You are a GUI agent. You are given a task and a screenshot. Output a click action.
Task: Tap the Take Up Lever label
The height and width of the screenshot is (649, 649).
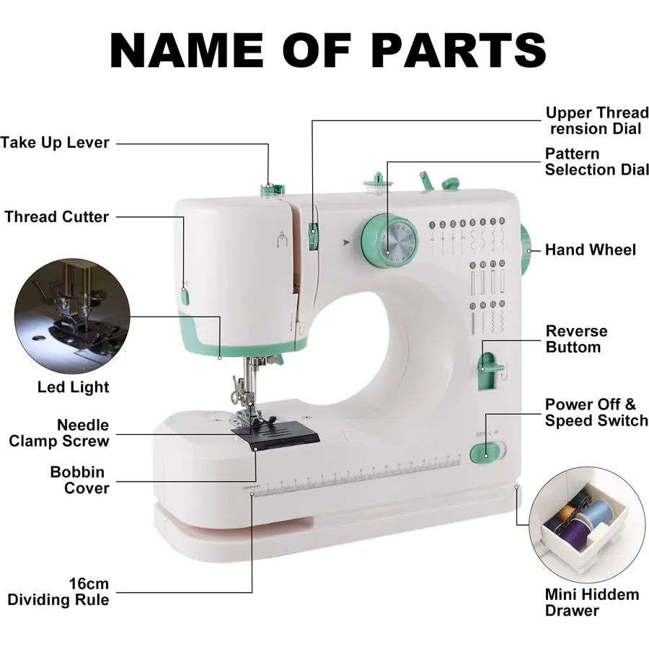(x=55, y=143)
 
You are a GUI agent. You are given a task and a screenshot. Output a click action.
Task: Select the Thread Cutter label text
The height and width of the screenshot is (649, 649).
(x=57, y=217)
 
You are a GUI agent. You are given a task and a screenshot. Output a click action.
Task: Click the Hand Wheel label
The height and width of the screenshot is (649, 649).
(x=590, y=250)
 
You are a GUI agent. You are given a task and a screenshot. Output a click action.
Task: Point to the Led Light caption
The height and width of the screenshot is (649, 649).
(x=74, y=387)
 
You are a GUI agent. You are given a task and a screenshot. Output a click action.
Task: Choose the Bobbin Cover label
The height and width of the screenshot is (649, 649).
(x=79, y=480)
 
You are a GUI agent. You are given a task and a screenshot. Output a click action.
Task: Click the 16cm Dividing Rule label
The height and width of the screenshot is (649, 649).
(x=58, y=592)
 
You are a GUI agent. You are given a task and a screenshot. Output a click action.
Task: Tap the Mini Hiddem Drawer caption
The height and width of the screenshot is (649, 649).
(x=592, y=603)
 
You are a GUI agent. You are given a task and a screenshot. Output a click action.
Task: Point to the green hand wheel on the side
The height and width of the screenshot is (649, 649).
(x=525, y=251)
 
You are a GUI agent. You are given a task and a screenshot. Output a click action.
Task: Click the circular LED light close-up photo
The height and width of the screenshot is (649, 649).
(x=72, y=317)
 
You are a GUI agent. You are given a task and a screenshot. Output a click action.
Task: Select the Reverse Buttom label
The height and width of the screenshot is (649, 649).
(x=576, y=339)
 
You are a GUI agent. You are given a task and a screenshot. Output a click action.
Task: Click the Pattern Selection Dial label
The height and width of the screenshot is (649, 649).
(x=596, y=162)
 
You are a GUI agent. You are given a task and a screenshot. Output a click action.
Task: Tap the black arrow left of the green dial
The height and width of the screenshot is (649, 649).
(x=346, y=242)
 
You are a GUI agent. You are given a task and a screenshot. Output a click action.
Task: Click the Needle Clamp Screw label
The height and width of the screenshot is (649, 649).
(x=59, y=433)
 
